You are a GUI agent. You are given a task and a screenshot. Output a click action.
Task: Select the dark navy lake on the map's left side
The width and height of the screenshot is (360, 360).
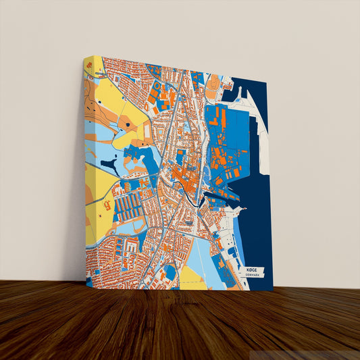click(109, 163)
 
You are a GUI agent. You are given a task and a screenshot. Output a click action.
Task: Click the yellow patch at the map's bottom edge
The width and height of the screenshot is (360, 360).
click(192, 276)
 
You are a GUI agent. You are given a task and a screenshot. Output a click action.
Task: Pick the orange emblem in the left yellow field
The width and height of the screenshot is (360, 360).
click(107, 203)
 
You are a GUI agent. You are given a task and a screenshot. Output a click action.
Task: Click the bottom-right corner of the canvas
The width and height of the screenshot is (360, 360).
click(272, 290)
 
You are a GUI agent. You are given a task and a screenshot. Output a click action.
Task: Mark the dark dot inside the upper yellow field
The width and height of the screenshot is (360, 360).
click(126, 126)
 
